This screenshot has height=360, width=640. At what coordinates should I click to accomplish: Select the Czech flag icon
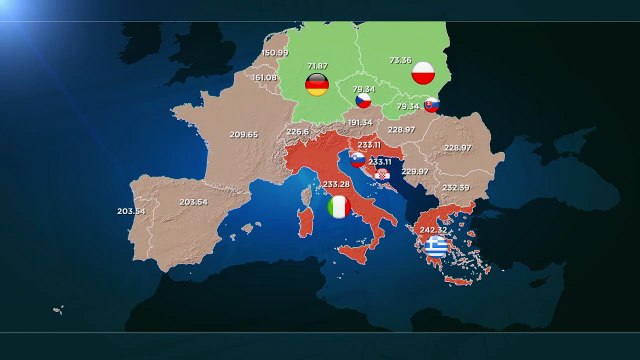pos(364,100)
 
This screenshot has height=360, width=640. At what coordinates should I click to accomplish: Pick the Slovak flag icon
pos(431,105)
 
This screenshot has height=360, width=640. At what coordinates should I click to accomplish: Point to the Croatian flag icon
pos(382,176)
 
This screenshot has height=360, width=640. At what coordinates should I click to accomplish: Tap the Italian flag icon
pos(339,207)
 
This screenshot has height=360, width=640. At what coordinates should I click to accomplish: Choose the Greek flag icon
pos(435,246)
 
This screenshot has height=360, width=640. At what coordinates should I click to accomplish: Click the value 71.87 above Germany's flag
pos(316,64)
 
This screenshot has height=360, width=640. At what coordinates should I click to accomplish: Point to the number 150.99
pos(274,52)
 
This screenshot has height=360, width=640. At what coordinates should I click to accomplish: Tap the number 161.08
pos(264,77)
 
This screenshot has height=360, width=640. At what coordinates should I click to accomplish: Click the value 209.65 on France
pos(243,134)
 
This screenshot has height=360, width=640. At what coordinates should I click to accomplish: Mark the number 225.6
pos(298,131)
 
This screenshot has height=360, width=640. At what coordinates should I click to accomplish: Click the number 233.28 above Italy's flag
pos(337,184)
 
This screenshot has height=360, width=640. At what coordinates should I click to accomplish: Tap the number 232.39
pos(455,187)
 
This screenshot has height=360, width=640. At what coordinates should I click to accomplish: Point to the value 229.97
pos(415,171)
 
